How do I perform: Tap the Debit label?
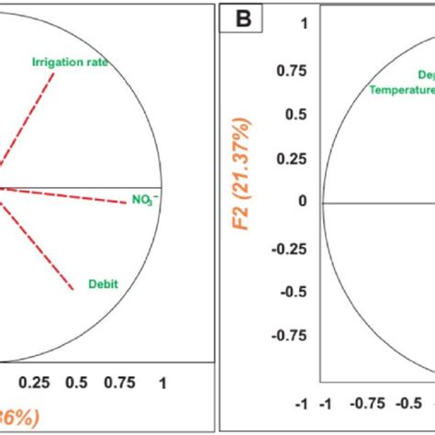click(x=102, y=284)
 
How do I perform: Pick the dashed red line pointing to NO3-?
click(x=64, y=195)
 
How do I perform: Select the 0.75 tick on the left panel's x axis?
click(x=120, y=382)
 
